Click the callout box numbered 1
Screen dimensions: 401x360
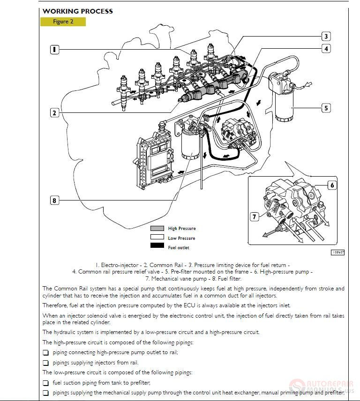55,49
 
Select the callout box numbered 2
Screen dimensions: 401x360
55,112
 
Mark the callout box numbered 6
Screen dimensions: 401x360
332,185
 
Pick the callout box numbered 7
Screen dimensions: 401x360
255,216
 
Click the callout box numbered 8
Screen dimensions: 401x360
55,200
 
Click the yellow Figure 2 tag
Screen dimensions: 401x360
63,22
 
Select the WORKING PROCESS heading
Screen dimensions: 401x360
77,11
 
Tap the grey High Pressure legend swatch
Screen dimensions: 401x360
157,229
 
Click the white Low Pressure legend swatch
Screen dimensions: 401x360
157,238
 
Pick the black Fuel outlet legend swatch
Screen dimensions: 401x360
157,247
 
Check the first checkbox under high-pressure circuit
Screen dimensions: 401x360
46,352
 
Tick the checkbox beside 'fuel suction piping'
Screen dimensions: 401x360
46,382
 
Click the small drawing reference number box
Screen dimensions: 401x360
337,252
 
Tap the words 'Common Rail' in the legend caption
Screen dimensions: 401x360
166,265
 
